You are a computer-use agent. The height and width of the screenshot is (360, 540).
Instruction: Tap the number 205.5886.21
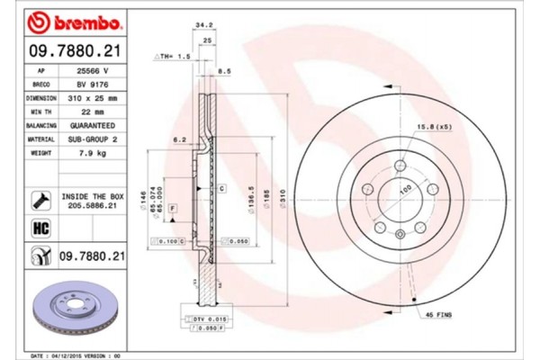tap(90, 205)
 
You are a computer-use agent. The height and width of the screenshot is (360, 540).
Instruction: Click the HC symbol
tap(40, 229)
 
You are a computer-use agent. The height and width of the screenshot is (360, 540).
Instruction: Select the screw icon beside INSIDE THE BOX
tap(40, 199)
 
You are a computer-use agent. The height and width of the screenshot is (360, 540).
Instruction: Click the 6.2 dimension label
tap(179, 140)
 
